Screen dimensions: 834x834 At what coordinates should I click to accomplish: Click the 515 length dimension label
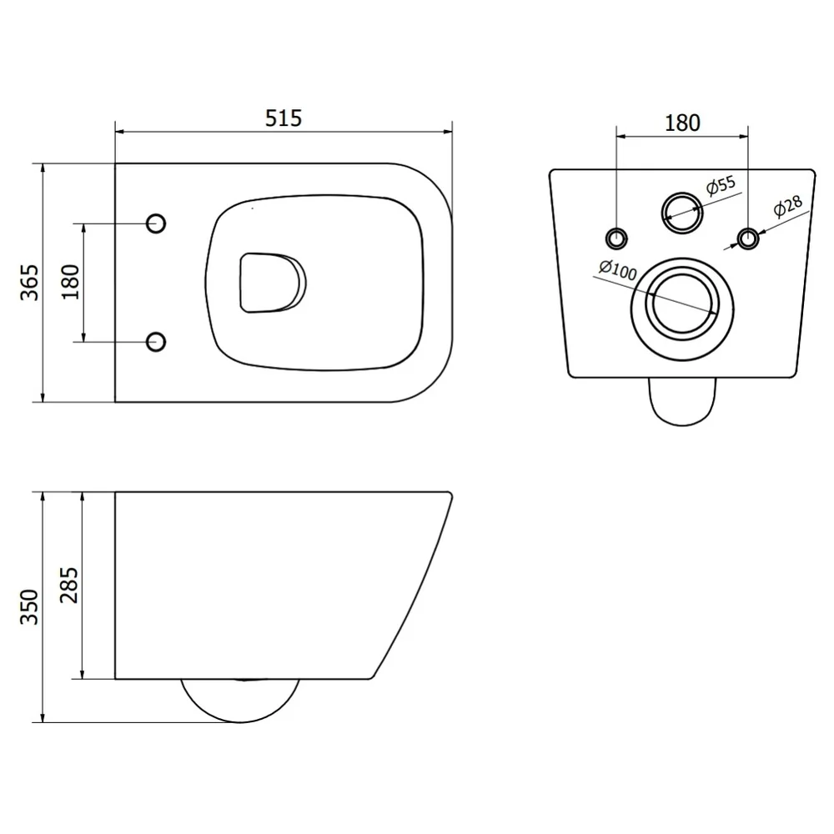[x=284, y=118]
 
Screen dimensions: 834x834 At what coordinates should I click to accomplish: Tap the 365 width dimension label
[x=30, y=283]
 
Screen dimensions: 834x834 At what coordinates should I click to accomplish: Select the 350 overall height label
[x=30, y=607]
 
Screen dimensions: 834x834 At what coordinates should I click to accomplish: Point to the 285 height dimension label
[x=69, y=585]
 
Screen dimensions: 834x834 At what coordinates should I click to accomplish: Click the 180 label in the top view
[x=71, y=282]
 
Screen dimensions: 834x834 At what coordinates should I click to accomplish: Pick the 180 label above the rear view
[x=682, y=123]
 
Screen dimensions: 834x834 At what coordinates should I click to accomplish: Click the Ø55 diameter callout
[x=721, y=185]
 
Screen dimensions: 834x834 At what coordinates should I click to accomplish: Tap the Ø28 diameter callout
[x=788, y=206]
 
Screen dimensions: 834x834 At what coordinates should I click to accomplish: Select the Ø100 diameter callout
[x=617, y=269]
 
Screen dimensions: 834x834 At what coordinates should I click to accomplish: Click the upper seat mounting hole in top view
[x=156, y=224]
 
